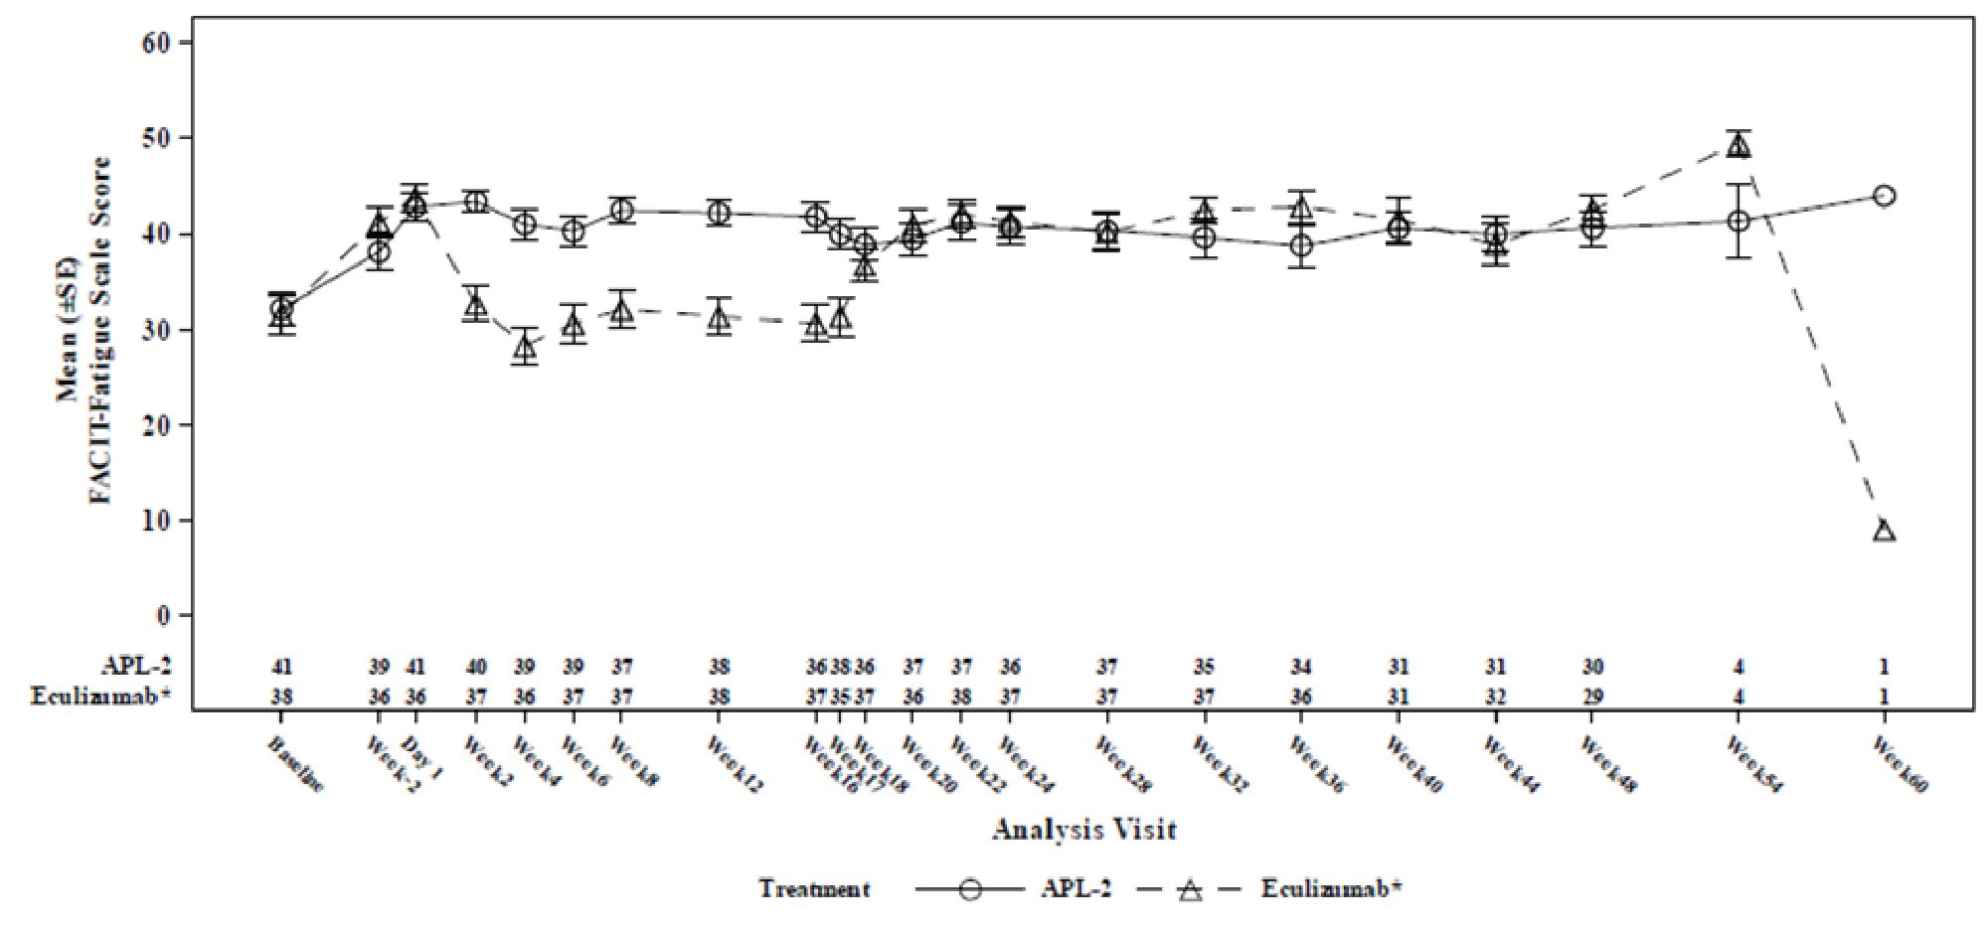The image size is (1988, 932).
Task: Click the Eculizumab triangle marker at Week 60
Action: tap(1884, 531)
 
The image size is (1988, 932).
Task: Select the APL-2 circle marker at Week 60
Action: tap(1884, 196)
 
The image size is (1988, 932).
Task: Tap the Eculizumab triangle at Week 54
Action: tap(1739, 146)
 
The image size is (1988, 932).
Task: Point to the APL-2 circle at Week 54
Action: tap(1739, 221)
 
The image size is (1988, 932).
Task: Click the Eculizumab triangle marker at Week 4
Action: tap(525, 347)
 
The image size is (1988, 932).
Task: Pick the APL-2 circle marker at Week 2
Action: tap(476, 202)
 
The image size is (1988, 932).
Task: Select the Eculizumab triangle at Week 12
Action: tap(719, 318)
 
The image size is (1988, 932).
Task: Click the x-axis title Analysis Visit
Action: tap(1084, 830)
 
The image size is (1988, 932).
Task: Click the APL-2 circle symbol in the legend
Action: tap(970, 889)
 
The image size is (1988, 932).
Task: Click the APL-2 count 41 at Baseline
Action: tap(282, 667)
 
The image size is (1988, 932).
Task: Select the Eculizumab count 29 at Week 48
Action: tap(1592, 697)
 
